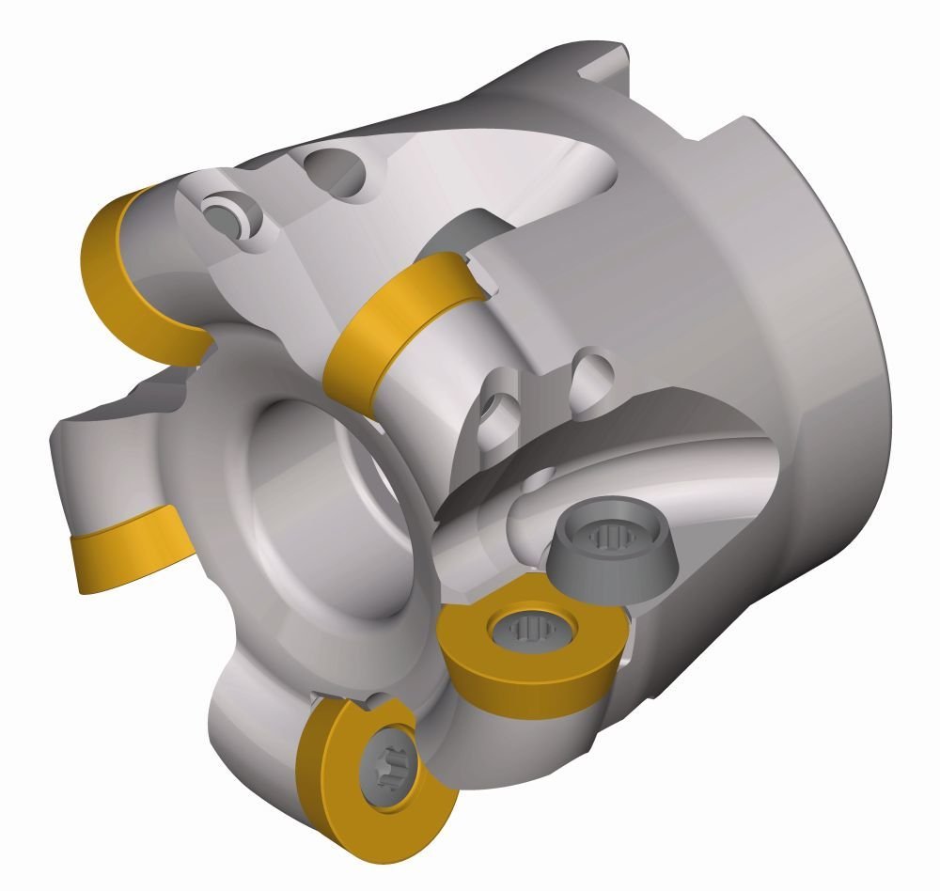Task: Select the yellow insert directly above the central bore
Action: click(x=395, y=324)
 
